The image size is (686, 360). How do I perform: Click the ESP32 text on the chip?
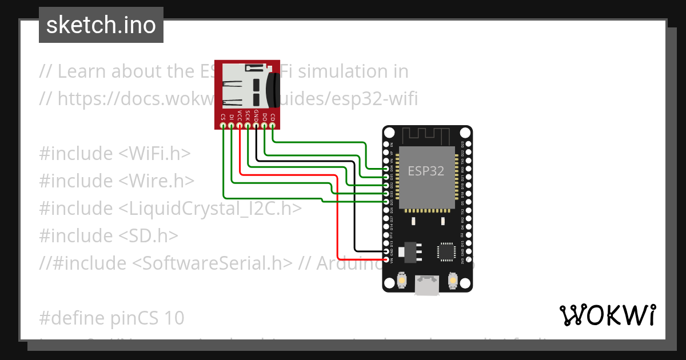coord(425,171)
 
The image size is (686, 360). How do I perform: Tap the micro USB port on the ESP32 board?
coord(428,285)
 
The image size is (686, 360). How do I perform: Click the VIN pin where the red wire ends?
coord(387,260)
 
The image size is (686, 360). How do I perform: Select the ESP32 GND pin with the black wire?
coord(387,251)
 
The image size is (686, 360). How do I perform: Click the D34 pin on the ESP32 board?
coord(387,169)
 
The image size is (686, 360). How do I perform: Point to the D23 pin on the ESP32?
coord(468,144)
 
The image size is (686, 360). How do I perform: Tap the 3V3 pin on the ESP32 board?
coord(468,260)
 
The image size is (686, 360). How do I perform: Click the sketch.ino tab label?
coord(101,25)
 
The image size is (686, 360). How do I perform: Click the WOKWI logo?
coord(607,315)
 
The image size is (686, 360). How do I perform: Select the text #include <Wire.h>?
coord(117,181)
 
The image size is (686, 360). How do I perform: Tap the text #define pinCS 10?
coord(111,318)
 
